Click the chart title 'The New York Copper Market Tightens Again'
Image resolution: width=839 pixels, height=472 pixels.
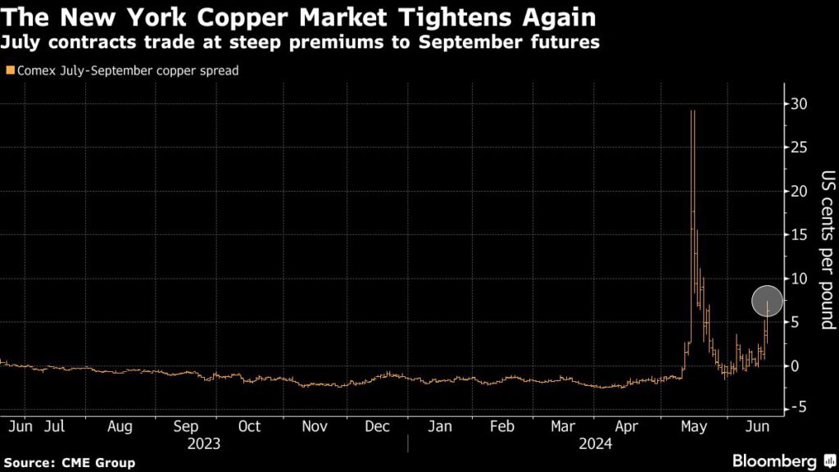click(x=298, y=16)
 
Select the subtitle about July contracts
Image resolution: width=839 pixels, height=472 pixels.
click(x=301, y=43)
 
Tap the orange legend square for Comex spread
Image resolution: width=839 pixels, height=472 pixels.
click(x=9, y=71)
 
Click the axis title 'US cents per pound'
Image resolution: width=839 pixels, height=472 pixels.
click(x=827, y=251)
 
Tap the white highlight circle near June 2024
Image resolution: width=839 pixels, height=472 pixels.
click(x=768, y=302)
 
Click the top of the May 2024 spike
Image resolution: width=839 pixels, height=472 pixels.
click(x=693, y=111)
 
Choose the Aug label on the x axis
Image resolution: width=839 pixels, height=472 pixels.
click(x=120, y=427)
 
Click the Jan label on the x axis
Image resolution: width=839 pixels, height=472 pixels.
click(x=441, y=427)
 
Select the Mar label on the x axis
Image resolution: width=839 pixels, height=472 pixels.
click(x=564, y=427)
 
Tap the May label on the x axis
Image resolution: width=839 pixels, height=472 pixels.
click(x=693, y=427)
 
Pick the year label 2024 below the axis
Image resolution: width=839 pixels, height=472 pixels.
click(x=596, y=443)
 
